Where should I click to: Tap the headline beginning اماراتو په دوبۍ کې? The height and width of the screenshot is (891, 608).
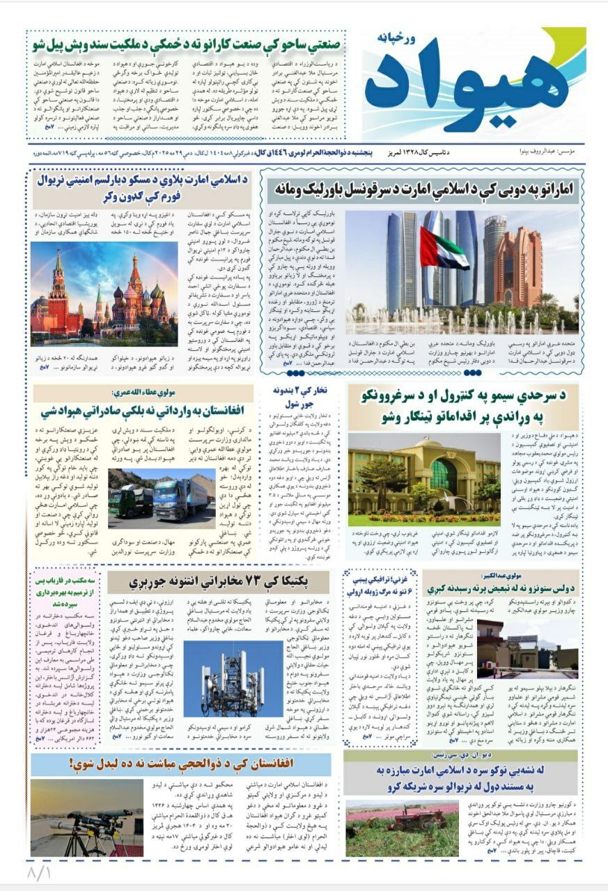(x=421, y=189)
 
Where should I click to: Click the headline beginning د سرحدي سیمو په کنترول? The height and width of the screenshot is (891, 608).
(x=462, y=406)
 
